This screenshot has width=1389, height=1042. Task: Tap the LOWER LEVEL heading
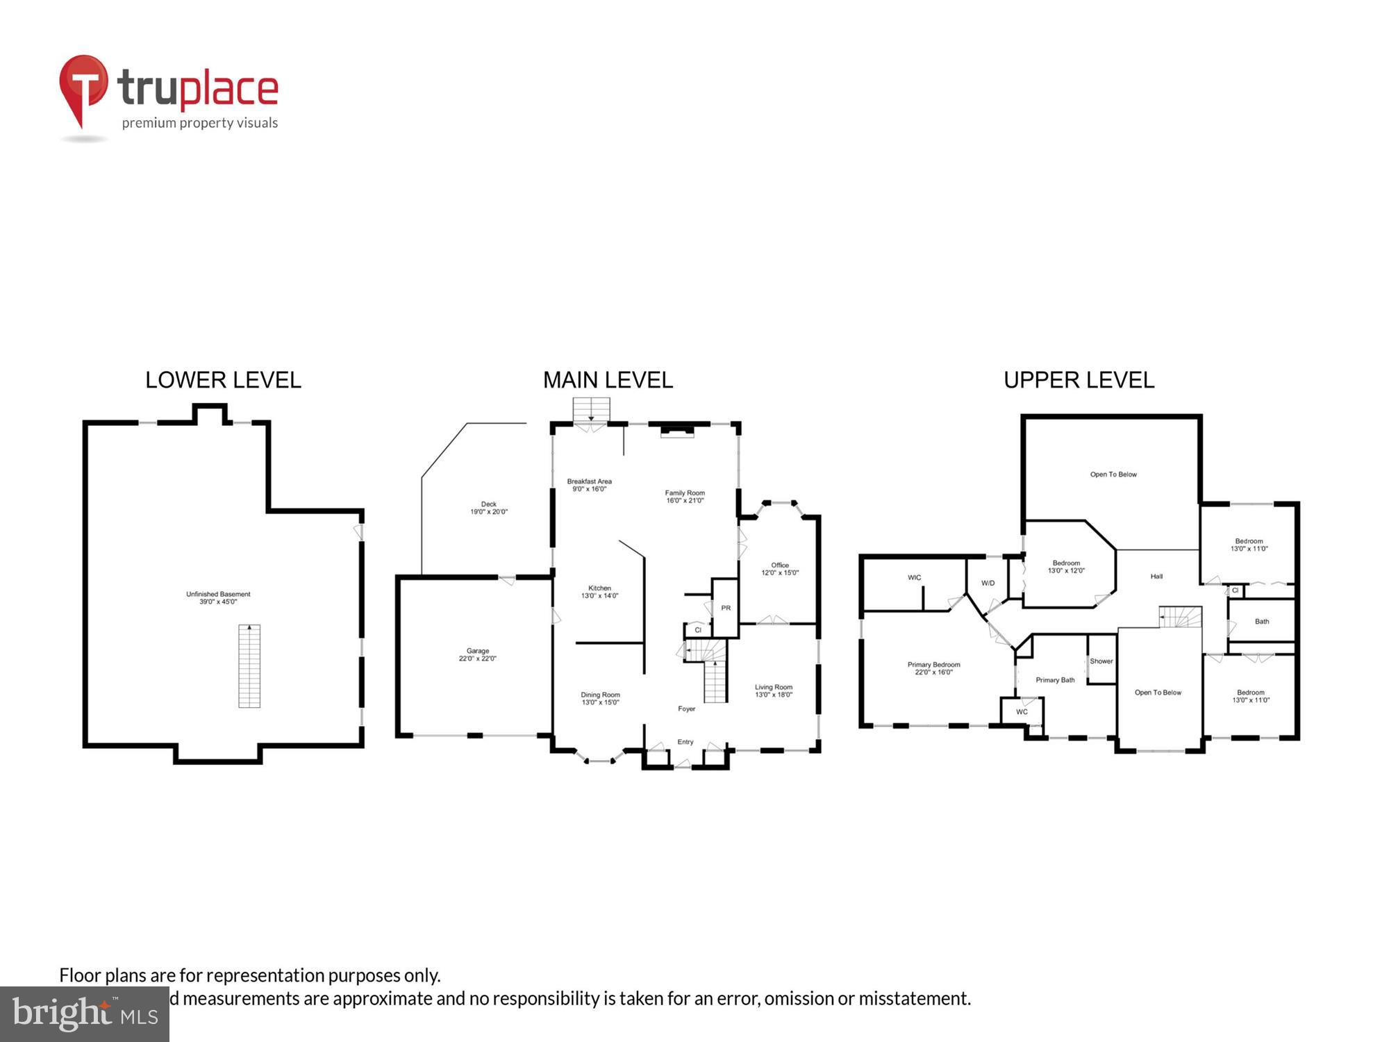223,380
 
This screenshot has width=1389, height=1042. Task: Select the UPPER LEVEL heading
1079,380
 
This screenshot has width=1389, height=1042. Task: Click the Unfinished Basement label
218,598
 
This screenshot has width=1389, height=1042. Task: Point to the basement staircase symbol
249,665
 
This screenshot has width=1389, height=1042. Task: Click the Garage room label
478,654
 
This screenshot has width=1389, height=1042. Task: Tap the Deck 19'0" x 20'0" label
489,508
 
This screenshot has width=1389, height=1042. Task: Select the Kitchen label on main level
599,591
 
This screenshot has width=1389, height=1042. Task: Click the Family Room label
685,496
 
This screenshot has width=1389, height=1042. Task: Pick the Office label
780,569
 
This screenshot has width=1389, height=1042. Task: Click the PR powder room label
726,608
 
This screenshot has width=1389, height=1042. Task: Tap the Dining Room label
600,698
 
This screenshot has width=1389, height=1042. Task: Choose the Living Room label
774,690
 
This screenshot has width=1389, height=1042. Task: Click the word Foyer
686,709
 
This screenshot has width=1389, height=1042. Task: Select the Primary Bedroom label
933,668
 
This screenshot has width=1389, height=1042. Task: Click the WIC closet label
914,577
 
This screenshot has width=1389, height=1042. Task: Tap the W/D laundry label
988,583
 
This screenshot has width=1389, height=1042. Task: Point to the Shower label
1101,661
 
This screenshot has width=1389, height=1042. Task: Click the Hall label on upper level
1156,576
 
